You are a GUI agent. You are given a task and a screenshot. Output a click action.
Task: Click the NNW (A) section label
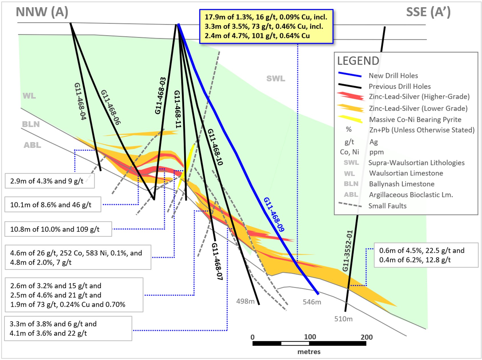[x=42, y=12]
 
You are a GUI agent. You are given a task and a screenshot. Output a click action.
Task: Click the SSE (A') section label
[x=428, y=12]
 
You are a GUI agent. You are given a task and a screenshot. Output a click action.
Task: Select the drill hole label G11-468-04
[x=80, y=101]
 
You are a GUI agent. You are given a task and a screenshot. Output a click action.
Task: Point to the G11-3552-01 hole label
[x=348, y=251]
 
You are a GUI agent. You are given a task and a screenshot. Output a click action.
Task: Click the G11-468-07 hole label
[x=217, y=261]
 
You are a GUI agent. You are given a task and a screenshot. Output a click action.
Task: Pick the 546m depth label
[x=312, y=302]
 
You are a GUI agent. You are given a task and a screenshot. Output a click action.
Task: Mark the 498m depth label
[x=245, y=301]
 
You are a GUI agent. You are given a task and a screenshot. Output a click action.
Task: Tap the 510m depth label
[x=343, y=319]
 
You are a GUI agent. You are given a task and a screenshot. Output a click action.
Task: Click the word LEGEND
[x=358, y=61]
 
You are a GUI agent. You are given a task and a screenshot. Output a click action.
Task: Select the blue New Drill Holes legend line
[x=350, y=75]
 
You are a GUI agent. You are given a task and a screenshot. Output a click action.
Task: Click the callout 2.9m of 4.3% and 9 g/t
[x=50, y=181]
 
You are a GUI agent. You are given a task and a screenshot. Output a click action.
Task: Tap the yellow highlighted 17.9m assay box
[x=266, y=27]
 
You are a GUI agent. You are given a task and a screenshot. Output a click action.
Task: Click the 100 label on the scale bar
[x=310, y=337]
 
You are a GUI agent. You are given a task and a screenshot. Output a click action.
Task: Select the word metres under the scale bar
[x=309, y=352]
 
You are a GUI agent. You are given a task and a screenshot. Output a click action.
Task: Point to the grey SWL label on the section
[x=276, y=79]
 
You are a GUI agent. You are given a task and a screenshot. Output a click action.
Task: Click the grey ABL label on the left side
[x=32, y=145]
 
